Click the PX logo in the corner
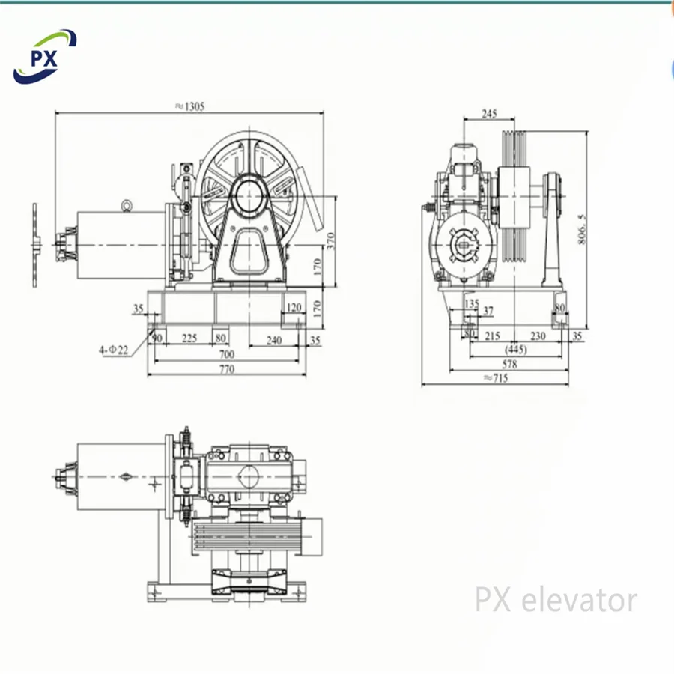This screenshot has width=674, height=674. [45, 57]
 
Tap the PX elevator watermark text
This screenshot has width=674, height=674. [556, 600]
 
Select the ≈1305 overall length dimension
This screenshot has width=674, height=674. [189, 106]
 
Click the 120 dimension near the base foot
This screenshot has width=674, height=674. [293, 307]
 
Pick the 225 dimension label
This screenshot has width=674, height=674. [189, 338]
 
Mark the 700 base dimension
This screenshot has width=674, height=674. [226, 353]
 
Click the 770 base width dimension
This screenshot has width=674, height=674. [226, 368]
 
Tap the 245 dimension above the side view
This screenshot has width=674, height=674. [489, 114]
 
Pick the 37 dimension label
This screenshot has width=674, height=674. [488, 310]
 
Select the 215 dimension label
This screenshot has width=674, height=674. [492, 337]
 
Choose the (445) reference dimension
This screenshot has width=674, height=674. [515, 350]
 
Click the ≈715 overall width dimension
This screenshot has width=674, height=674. [496, 379]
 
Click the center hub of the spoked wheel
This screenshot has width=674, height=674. [251, 197]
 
